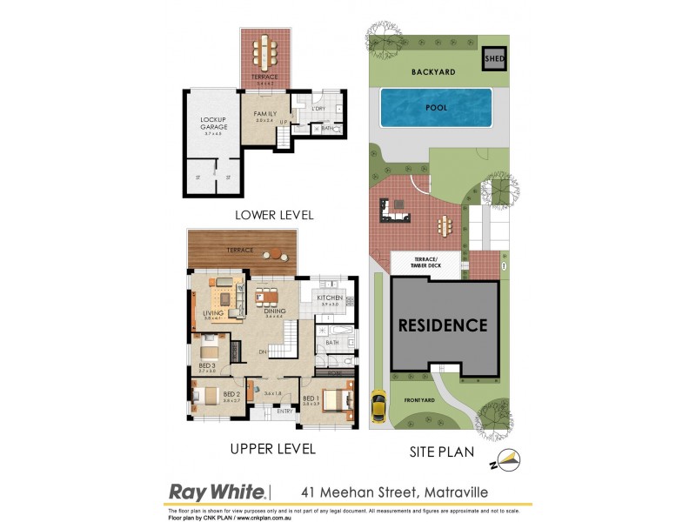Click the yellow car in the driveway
click(378, 405)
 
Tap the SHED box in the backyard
click(494, 59)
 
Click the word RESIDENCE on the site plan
click(443, 326)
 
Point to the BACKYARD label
click(434, 73)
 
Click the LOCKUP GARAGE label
click(213, 124)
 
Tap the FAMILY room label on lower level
click(264, 114)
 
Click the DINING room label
click(275, 311)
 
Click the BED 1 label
click(311, 398)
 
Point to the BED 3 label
click(207, 365)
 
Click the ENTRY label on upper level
click(284, 412)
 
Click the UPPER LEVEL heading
click(272, 450)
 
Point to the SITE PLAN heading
click(442, 452)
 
